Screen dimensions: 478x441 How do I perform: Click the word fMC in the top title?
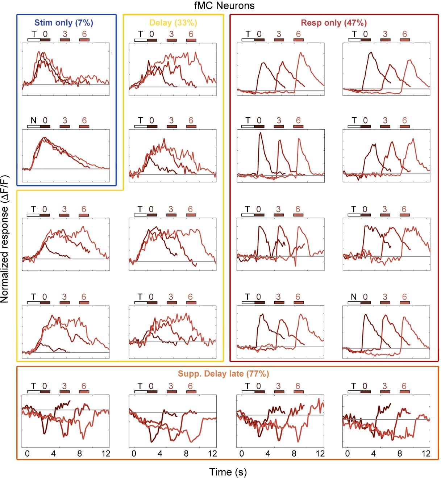click(x=204, y=5)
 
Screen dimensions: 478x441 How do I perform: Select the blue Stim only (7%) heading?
click(x=64, y=23)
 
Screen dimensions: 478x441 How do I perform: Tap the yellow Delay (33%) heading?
click(x=173, y=23)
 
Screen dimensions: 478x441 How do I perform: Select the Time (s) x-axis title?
click(x=228, y=472)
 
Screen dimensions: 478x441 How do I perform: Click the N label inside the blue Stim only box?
click(x=33, y=121)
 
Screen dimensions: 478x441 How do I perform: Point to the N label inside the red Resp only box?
click(x=354, y=297)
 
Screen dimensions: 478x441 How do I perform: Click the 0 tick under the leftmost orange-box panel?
click(x=27, y=454)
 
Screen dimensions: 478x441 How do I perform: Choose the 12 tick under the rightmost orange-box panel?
click(x=426, y=454)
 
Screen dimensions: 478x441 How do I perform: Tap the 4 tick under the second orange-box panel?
click(x=160, y=454)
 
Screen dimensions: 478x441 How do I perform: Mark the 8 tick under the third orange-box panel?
click(x=294, y=454)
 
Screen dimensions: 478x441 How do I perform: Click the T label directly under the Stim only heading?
click(x=34, y=34)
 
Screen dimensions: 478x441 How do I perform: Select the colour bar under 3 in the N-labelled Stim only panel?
click(x=65, y=127)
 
